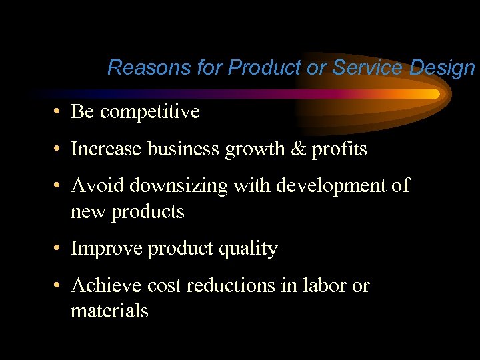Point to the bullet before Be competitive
59,112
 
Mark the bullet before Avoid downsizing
59,185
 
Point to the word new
87,213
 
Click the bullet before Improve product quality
59,249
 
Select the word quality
246,249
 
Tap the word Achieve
105,285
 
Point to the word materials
109,311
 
